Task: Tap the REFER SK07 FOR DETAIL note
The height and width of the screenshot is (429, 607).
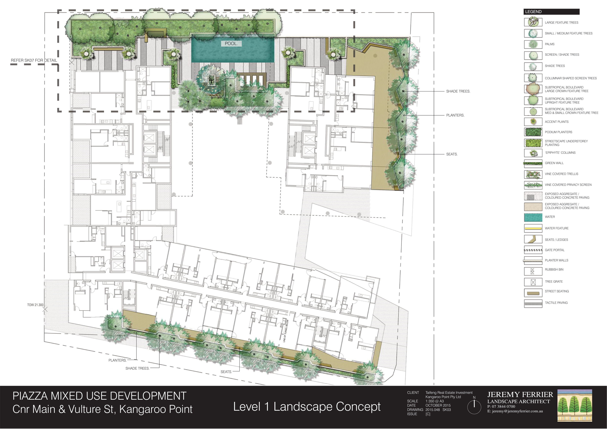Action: pos(34,60)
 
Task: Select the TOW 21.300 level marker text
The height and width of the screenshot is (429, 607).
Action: pos(35,305)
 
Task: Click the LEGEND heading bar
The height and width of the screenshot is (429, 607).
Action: pos(551,12)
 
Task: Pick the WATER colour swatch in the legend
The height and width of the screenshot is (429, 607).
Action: pos(533,217)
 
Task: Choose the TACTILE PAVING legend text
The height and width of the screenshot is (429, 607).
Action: pos(556,303)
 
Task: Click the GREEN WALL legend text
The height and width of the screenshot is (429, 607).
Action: pos(554,163)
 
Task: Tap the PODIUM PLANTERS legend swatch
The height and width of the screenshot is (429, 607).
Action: pos(533,132)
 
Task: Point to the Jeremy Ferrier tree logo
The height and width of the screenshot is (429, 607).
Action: pos(575,405)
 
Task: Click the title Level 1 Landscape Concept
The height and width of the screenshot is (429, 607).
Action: pos(307,407)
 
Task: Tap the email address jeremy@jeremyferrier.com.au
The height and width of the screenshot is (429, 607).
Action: pos(517,411)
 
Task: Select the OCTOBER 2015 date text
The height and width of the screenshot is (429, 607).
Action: pos(438,405)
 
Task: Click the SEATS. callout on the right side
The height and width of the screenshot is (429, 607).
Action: pos(452,154)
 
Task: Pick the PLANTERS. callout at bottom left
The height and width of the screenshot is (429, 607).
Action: pos(118,360)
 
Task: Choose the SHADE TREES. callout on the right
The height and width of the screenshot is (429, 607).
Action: pos(458,91)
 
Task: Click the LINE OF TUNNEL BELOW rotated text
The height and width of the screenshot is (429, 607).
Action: pos(286,331)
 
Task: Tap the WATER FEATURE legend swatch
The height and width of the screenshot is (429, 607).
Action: pos(533,228)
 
